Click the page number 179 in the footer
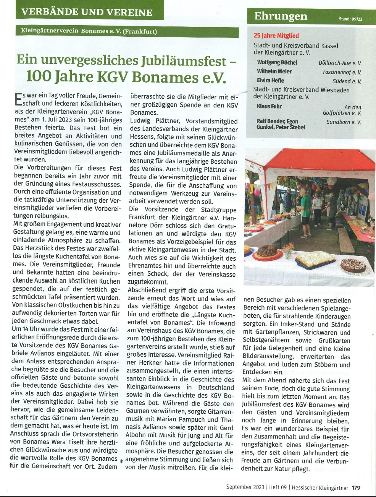[356, 487]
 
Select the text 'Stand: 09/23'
[350, 19]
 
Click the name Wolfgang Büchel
[277, 62]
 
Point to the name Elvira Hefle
[271, 80]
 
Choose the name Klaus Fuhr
[269, 106]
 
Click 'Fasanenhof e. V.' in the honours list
[342, 72]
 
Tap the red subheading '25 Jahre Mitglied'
[276, 36]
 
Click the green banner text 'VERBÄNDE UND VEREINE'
[87, 12]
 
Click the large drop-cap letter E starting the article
[18, 100]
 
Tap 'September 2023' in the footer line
[242, 487]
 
